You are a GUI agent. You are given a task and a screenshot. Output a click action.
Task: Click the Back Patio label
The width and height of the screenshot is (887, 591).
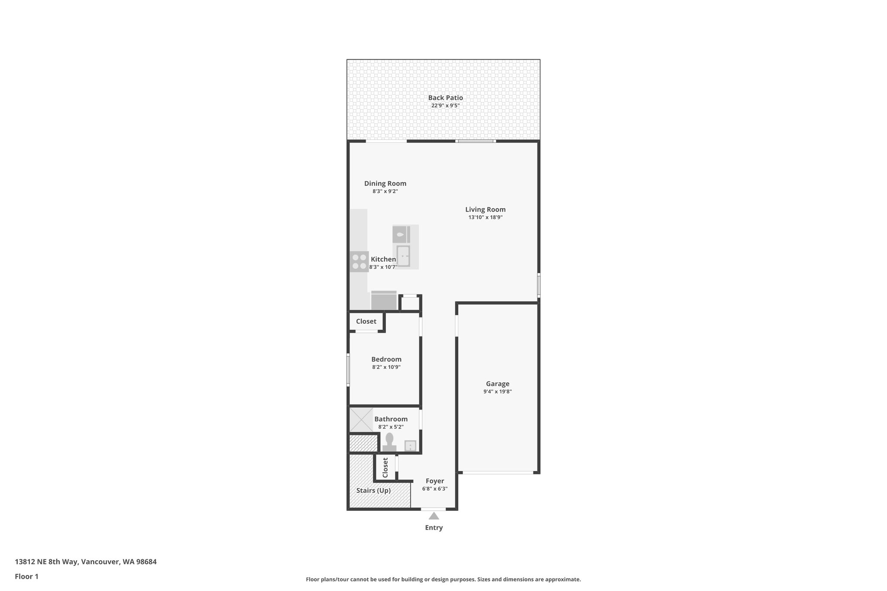[445, 98]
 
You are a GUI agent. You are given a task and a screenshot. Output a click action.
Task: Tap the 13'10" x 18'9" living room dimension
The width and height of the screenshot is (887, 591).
[485, 217]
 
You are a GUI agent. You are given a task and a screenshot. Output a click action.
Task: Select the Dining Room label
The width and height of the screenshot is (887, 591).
[385, 184]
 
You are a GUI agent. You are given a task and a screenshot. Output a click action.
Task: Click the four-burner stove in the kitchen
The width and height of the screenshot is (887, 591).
[359, 262]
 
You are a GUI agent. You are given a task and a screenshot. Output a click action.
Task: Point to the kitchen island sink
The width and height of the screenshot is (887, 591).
[403, 256]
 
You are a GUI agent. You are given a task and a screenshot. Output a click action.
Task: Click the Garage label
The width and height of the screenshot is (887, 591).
[497, 384]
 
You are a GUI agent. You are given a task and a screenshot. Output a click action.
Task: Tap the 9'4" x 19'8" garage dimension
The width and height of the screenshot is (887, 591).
[497, 391]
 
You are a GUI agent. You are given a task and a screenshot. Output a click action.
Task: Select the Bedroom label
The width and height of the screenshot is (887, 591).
[386, 359]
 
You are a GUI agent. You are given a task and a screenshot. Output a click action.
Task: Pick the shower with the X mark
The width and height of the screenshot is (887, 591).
[361, 420]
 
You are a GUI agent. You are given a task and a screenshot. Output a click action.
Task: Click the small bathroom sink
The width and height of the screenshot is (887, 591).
[410, 446]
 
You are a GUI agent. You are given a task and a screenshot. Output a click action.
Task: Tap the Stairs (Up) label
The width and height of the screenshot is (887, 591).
[373, 491]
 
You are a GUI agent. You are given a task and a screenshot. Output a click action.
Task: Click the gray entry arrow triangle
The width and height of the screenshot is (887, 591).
[434, 516]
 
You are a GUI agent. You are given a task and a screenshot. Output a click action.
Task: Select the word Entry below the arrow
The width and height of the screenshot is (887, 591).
[434, 528]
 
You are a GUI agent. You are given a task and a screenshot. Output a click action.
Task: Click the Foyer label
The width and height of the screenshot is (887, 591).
[434, 481]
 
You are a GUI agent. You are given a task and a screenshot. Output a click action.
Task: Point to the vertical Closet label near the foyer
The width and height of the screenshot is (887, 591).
[385, 467]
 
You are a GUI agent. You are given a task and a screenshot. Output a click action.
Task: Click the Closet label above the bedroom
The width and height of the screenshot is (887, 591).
[366, 321]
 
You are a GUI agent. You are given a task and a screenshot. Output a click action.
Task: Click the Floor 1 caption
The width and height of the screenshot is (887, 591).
[26, 576]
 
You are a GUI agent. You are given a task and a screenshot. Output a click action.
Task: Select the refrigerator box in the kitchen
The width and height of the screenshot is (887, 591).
[384, 300]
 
